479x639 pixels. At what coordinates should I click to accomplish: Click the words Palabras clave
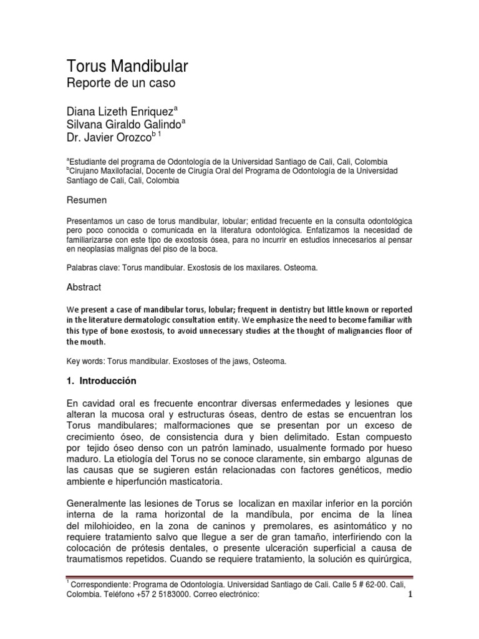(90, 268)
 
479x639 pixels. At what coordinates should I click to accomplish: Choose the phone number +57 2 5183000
(154, 595)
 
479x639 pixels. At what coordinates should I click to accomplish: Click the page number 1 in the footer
(410, 594)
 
